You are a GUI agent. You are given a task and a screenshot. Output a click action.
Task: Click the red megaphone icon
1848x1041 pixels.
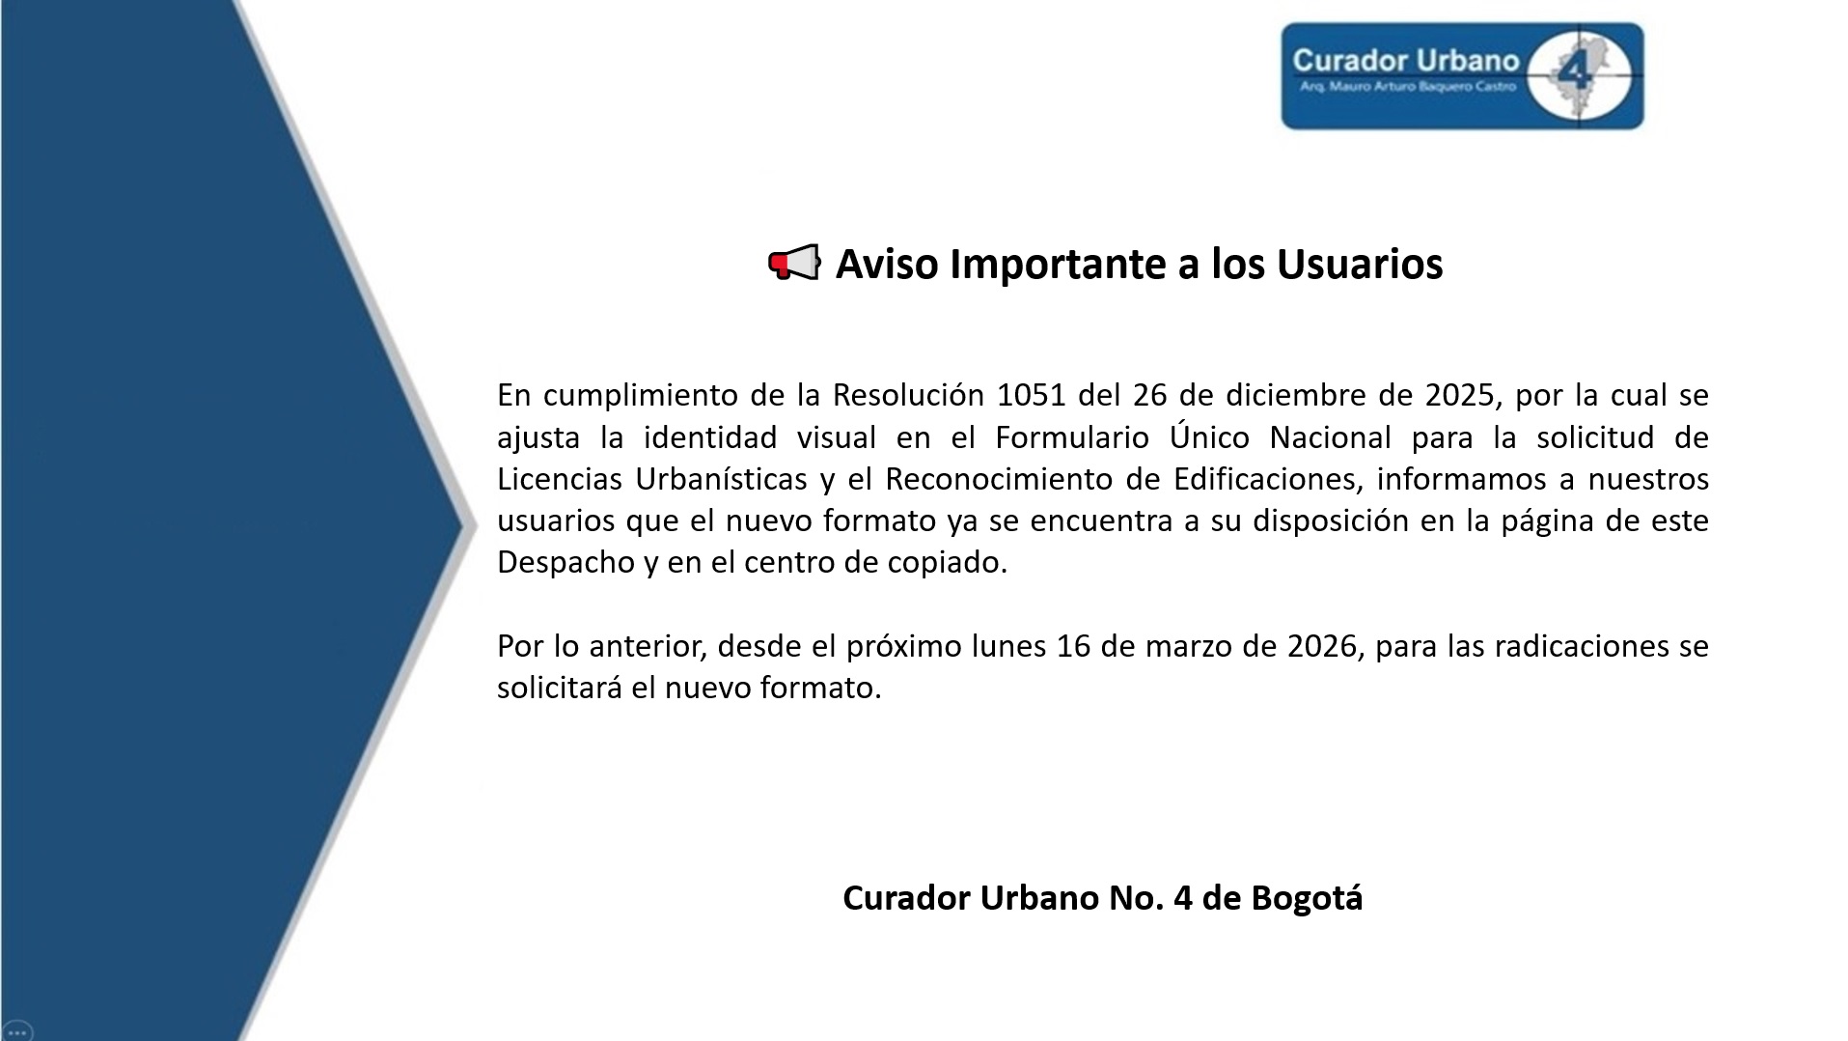coord(794,263)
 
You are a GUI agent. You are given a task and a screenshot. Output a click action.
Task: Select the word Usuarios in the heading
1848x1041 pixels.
coord(1360,264)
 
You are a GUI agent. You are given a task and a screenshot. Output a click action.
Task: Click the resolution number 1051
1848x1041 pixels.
coord(1032,395)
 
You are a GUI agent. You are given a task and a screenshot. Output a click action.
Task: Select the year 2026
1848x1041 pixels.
coord(1324,646)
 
